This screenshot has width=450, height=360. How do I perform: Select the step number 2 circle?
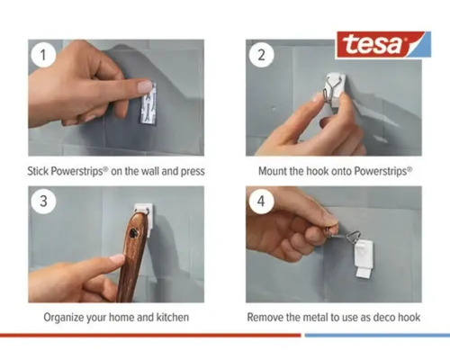pos(260,55)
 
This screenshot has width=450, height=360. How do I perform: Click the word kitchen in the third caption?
pos(171,318)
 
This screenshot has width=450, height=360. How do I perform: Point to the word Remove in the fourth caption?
pos(266,318)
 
